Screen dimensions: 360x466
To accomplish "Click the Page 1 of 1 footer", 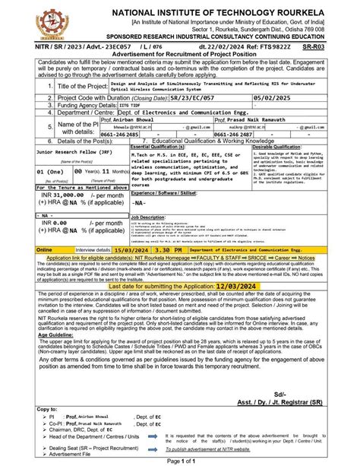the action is click(180, 461).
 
